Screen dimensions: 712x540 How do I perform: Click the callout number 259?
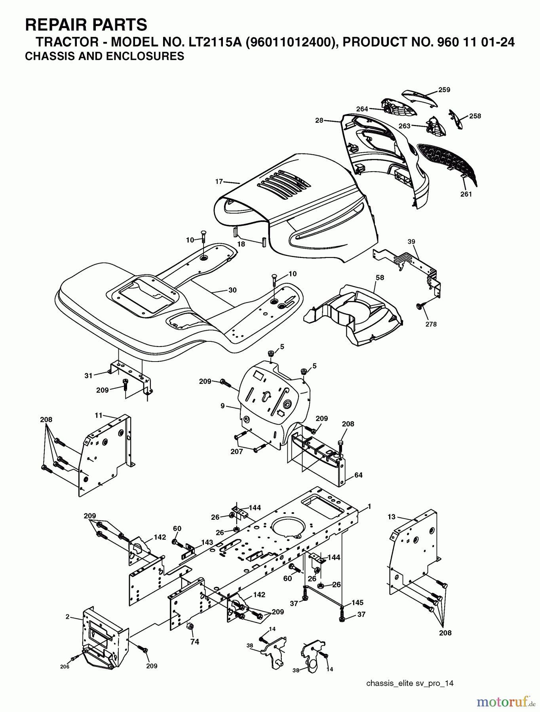point(444,90)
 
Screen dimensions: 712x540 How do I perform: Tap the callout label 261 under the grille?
point(466,194)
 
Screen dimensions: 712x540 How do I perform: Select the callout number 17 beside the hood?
point(219,182)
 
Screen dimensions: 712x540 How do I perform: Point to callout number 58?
point(379,278)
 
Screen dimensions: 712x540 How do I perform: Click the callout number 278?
point(431,324)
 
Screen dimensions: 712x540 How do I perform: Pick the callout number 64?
point(358,475)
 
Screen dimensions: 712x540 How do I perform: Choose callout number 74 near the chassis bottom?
point(194,642)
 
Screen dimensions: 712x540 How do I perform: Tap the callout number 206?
point(65,667)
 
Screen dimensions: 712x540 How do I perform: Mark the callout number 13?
point(391,517)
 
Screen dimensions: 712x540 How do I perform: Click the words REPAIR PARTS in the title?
point(86,25)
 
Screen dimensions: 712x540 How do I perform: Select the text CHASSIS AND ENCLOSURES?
point(105,56)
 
